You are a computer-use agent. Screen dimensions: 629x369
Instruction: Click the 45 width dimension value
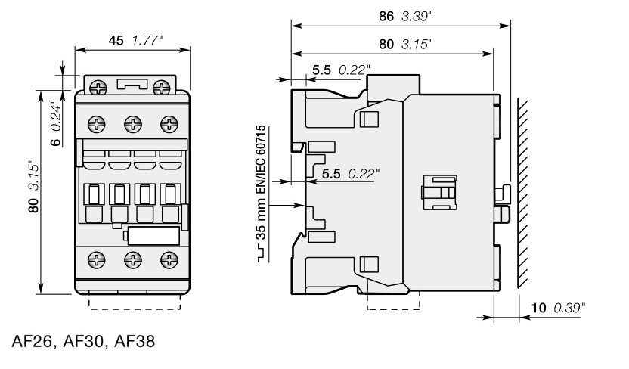pos(116,41)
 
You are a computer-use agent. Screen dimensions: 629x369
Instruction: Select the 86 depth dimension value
pos(386,16)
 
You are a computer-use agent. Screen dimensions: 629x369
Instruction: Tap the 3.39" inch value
pos(417,16)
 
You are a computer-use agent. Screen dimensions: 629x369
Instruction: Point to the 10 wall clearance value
pos(539,308)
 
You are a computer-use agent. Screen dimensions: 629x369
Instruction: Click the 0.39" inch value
pos(569,308)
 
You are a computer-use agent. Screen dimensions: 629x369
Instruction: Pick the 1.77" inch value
pos(147,41)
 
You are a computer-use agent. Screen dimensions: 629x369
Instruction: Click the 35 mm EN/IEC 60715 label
pos(261,182)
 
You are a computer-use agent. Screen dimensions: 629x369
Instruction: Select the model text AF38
pos(135,341)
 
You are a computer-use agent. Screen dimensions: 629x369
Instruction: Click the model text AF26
pos(32,341)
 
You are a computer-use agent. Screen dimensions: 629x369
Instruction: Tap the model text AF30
pos(84,341)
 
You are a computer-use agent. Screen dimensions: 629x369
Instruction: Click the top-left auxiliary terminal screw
pos(98,87)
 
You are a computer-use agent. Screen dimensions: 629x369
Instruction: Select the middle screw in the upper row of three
pos(133,124)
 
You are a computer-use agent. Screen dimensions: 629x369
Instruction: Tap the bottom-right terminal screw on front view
pos(169,260)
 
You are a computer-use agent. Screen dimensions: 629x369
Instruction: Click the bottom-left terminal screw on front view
pos(97,260)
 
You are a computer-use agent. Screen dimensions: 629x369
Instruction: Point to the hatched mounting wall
pos(522,193)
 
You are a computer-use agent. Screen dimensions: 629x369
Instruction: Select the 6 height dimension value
pos(56,141)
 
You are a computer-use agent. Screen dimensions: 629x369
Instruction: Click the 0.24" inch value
pos(56,116)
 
